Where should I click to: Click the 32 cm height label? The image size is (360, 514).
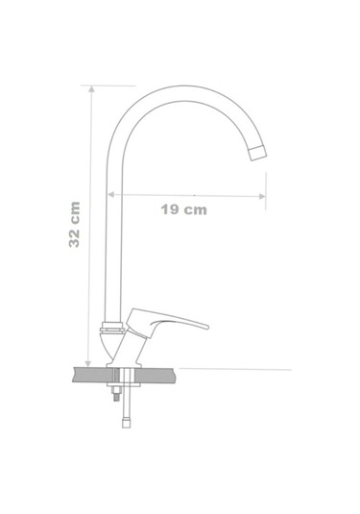pyautogui.click(x=75, y=225)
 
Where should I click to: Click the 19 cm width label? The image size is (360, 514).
pyautogui.click(x=183, y=209)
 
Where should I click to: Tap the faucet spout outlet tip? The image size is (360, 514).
pyautogui.click(x=258, y=153)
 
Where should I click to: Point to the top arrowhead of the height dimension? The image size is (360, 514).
pyautogui.click(x=91, y=88)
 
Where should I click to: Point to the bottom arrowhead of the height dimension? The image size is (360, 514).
pyautogui.click(x=87, y=363)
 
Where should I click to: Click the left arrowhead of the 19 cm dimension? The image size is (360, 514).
pyautogui.click(x=111, y=195)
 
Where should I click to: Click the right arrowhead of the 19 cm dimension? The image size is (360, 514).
pyautogui.click(x=262, y=196)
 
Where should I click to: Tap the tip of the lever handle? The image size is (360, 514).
pyautogui.click(x=206, y=327)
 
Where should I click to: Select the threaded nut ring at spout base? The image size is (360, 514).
pyautogui.click(x=112, y=328)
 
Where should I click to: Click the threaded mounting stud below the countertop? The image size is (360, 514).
pyautogui.click(x=116, y=394)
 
